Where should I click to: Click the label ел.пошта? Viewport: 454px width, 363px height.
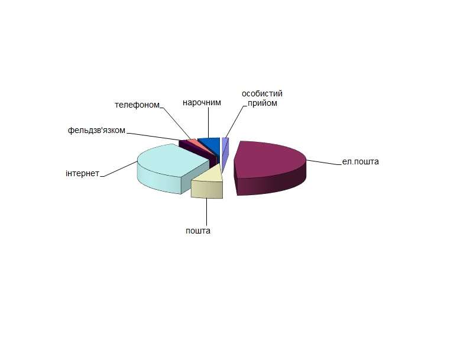[x=360, y=161]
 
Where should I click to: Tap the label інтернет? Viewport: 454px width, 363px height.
[x=83, y=173]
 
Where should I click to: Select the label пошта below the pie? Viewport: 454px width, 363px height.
[x=198, y=231]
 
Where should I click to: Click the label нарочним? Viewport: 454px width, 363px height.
[x=202, y=102]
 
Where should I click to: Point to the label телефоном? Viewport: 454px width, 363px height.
[x=137, y=105]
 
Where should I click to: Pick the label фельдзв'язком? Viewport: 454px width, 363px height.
[x=96, y=130]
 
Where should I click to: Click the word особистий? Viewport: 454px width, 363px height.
[x=262, y=94]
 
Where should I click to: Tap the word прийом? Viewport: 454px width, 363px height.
[x=262, y=103]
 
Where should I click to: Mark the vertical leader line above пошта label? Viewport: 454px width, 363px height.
[x=206, y=211]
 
